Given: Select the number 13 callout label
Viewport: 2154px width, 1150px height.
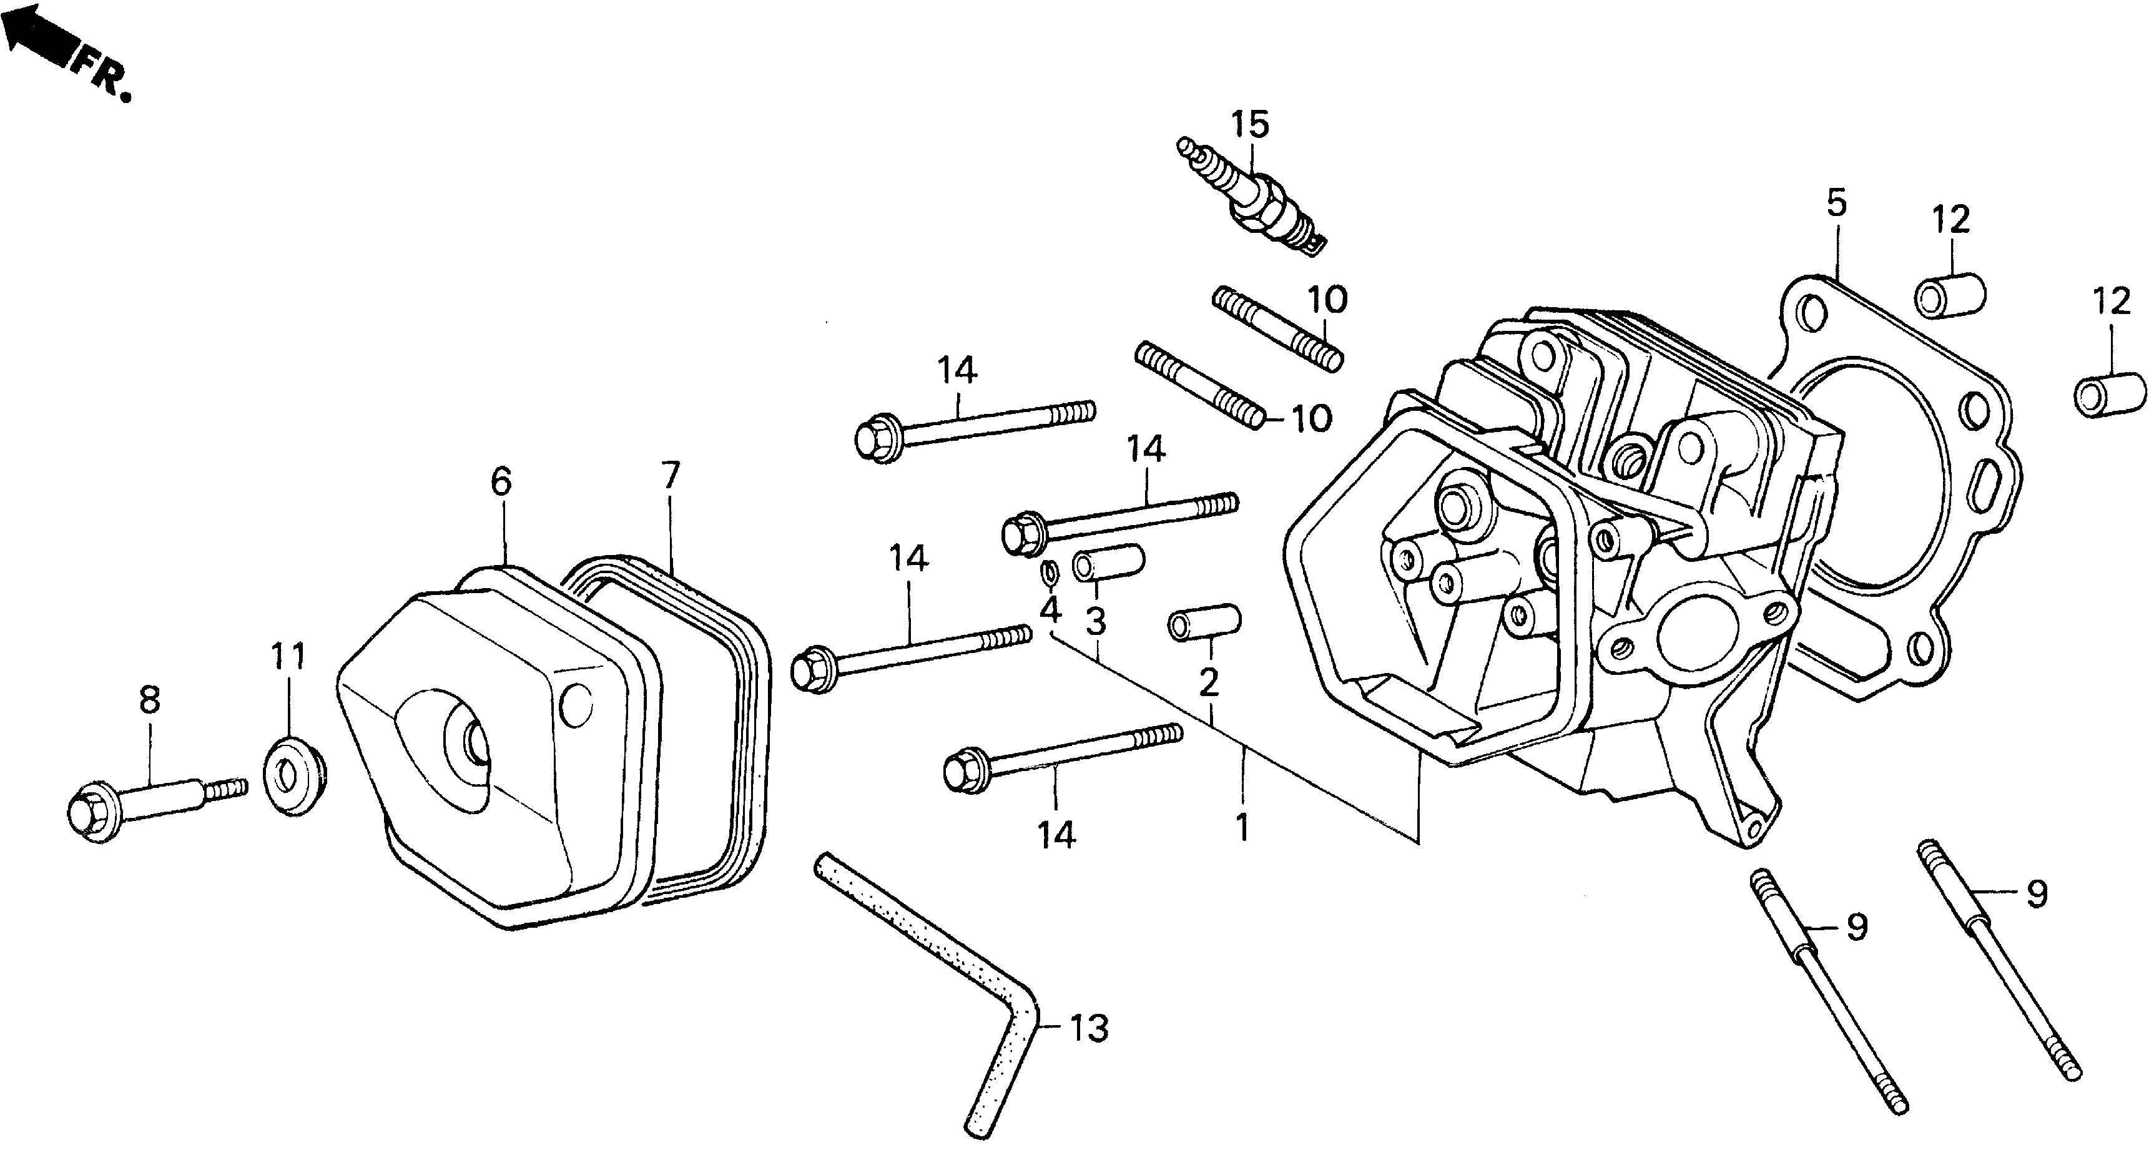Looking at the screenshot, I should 1089,1028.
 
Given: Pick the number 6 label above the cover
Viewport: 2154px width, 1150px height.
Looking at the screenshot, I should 500,482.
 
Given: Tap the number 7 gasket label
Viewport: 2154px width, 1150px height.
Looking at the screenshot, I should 671,475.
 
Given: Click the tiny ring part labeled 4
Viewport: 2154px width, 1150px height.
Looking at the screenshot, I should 1048,572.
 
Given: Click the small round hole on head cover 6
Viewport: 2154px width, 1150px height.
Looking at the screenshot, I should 575,706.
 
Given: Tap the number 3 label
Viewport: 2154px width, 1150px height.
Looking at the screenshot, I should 1095,621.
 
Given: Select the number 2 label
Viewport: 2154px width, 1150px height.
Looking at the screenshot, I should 1208,682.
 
